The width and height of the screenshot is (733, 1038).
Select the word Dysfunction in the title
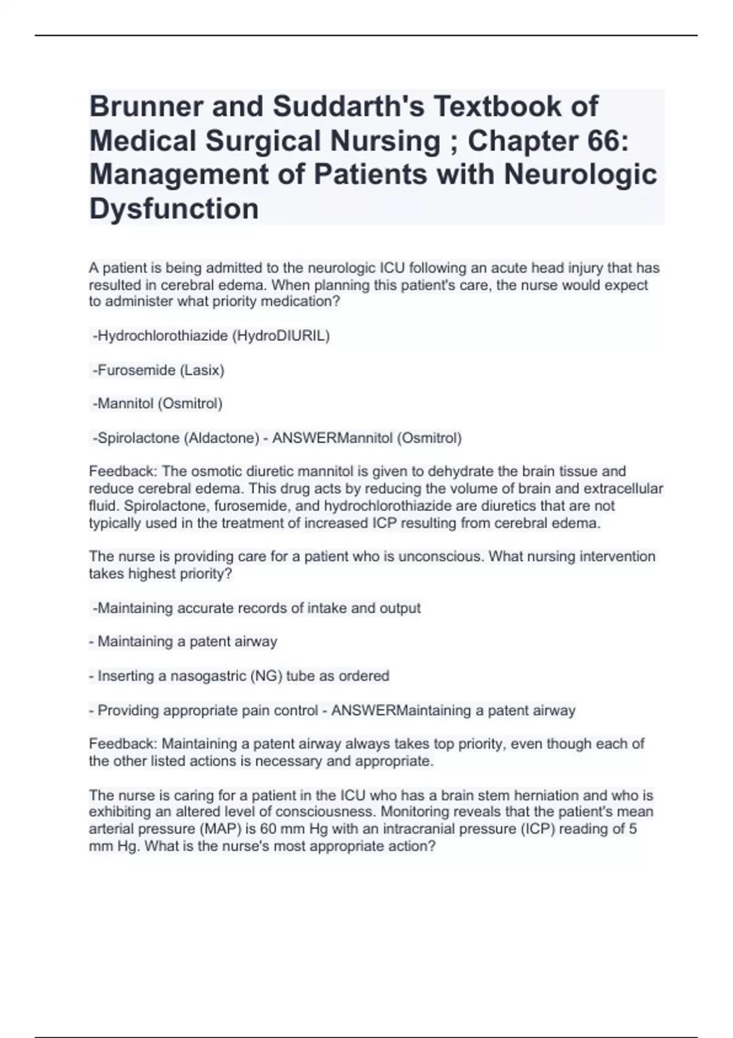pyautogui.click(x=174, y=209)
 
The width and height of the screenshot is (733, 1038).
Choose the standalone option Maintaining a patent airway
pyautogui.click(x=187, y=642)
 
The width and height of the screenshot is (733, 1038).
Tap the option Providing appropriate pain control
pyautogui.click(x=208, y=711)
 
